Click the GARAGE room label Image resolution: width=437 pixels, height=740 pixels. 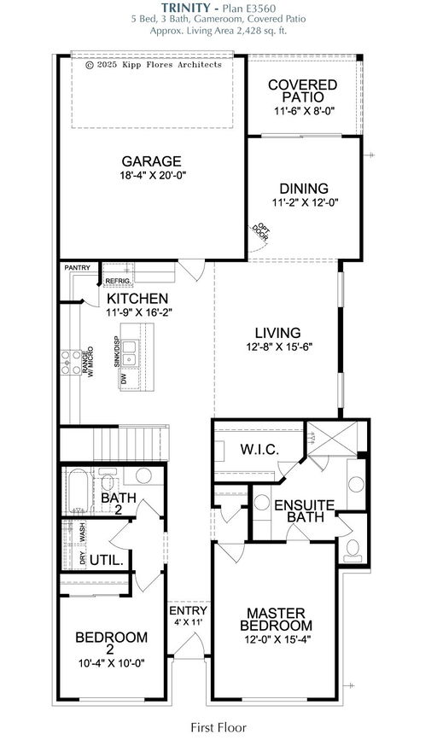[x=151, y=160]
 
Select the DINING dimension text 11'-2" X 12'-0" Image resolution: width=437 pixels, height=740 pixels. [x=304, y=203]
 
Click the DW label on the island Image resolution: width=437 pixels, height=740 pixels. [x=125, y=376]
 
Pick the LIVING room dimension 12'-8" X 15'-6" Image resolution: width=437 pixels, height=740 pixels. [x=277, y=347]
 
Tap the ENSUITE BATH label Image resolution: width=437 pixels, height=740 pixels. [x=302, y=511]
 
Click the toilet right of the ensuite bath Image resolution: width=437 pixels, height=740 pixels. [x=351, y=551]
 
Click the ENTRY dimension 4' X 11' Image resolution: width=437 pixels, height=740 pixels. [x=188, y=622]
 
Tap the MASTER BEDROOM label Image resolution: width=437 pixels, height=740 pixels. [x=277, y=620]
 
